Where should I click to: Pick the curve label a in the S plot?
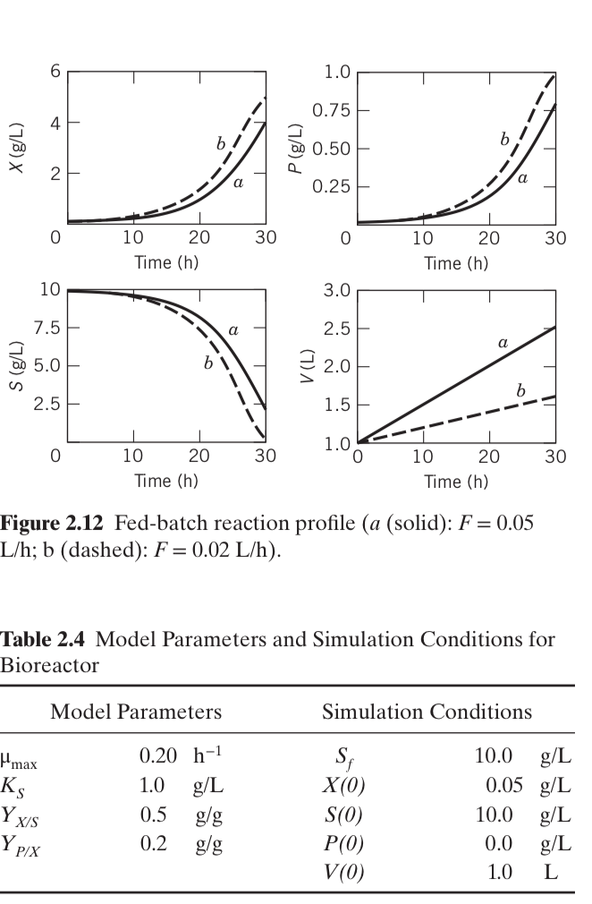coord(233,330)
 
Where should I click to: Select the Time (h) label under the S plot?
coord(165,481)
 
